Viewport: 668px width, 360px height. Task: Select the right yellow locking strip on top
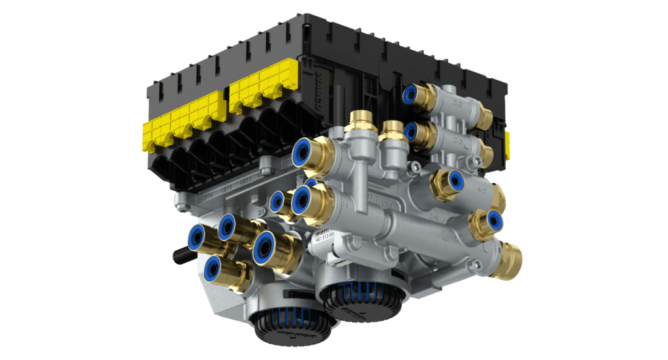coord(261,91)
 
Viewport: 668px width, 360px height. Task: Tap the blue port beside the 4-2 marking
coord(454,179)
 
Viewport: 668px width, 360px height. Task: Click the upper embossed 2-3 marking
coord(458,104)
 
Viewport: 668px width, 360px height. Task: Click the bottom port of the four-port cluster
coord(213,267)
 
